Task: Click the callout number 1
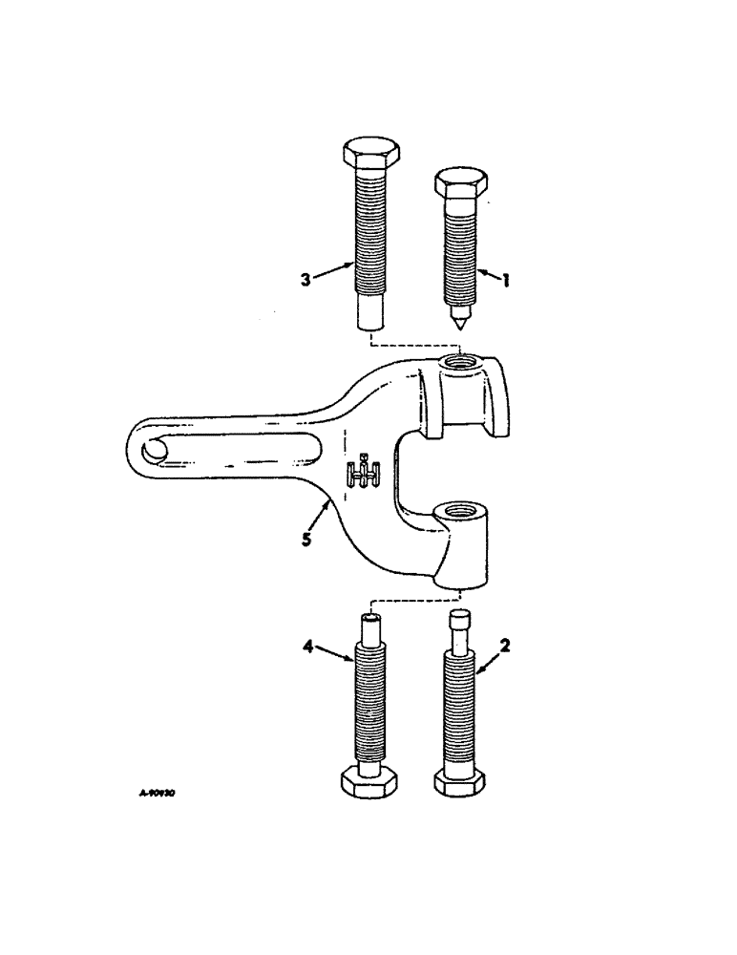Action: tap(507, 279)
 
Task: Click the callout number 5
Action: tap(305, 539)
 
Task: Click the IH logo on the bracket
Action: tap(364, 471)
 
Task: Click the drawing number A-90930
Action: tap(158, 793)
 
